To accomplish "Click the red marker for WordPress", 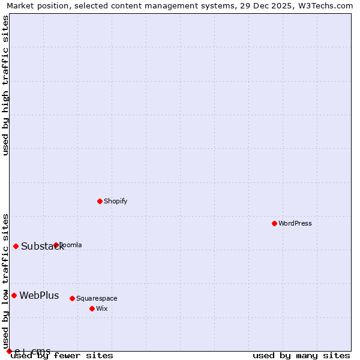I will click(274, 223).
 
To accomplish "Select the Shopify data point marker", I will click(100, 201).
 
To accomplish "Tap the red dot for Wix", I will click(92, 308).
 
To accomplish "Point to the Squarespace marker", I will click(72, 298).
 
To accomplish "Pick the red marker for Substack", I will click(16, 246).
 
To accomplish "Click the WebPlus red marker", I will click(14, 295).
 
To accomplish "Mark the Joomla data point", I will click(56, 245).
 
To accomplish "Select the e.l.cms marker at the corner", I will click(9, 351).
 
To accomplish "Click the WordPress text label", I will click(295, 223).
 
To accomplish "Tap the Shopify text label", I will click(115, 201).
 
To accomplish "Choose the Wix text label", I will click(102, 308).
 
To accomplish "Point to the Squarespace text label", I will click(97, 298).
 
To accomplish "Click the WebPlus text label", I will click(39, 295).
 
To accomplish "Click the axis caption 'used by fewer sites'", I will click(62, 355).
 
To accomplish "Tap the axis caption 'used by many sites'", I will click(301, 355).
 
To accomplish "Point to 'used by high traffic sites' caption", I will click(5, 85).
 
